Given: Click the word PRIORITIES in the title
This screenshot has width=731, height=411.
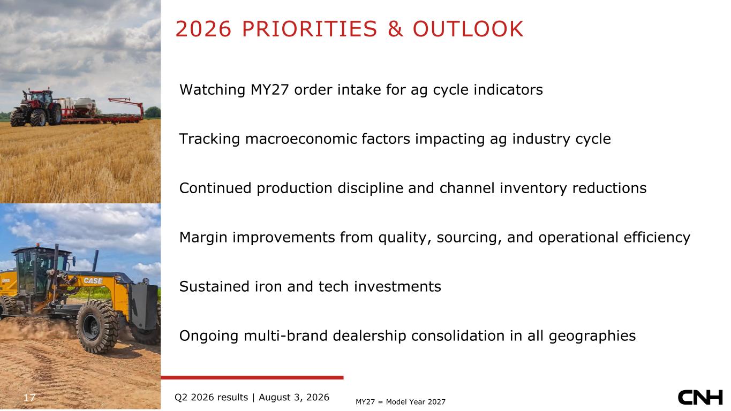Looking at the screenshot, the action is [310, 29].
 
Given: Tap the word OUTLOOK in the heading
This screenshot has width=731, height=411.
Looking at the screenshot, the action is [468, 29].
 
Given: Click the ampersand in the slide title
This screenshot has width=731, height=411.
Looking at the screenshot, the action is [395, 29].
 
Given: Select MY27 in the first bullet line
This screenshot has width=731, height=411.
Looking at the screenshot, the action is [269, 89].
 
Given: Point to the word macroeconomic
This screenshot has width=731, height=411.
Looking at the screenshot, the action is [327, 139].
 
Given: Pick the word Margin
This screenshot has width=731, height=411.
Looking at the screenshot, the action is [203, 238].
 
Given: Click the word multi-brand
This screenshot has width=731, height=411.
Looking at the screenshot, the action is [285, 336].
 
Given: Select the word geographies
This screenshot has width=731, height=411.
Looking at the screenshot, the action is [592, 336].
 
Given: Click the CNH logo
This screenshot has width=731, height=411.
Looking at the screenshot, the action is [700, 397].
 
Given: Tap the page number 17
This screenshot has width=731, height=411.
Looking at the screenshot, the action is [29, 398].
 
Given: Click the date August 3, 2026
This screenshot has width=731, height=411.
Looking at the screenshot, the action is [293, 397].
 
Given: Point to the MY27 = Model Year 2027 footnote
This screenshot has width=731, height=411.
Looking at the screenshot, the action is [401, 402].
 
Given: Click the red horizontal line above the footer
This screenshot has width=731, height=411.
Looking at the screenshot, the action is [252, 378].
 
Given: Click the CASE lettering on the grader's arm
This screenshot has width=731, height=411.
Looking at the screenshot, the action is [93, 280].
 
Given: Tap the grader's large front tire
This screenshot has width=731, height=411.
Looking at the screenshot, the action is [97, 327].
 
